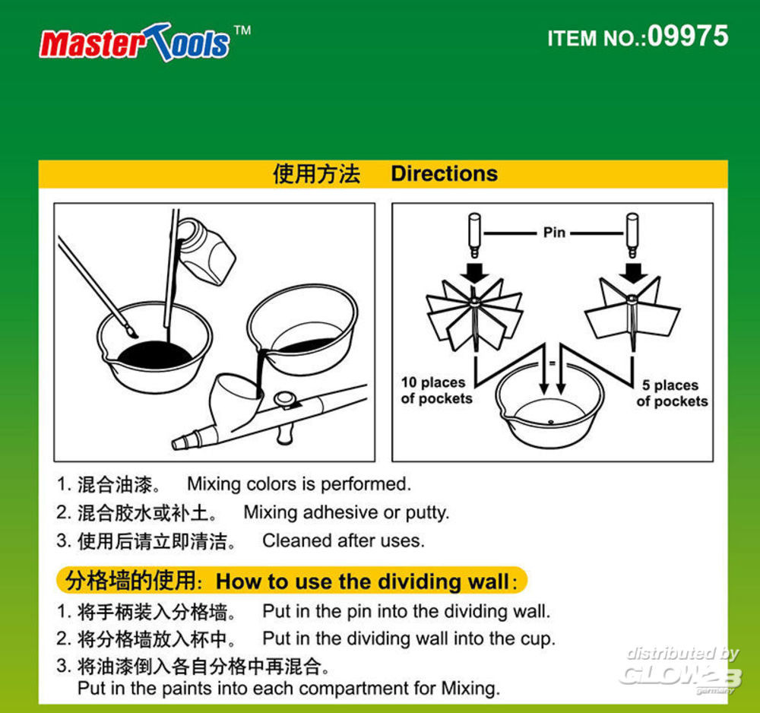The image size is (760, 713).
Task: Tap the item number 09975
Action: tap(688, 36)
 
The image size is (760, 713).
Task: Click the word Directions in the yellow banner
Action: tap(445, 173)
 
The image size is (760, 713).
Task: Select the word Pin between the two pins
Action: tap(554, 233)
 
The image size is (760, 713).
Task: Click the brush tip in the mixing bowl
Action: tap(131, 331)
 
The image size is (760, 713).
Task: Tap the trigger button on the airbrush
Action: tap(285, 399)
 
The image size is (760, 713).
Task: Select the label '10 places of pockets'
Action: tap(436, 390)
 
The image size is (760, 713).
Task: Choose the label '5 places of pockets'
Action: tap(672, 393)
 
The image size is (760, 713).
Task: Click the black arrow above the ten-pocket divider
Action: tap(474, 273)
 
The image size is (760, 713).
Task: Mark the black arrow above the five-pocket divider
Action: tap(632, 273)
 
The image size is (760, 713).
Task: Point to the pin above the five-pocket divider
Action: tap(632, 236)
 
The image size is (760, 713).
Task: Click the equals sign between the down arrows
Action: tap(552, 363)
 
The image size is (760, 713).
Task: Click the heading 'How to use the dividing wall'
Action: tap(363, 581)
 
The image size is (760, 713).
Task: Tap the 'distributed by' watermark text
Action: tap(682, 654)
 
